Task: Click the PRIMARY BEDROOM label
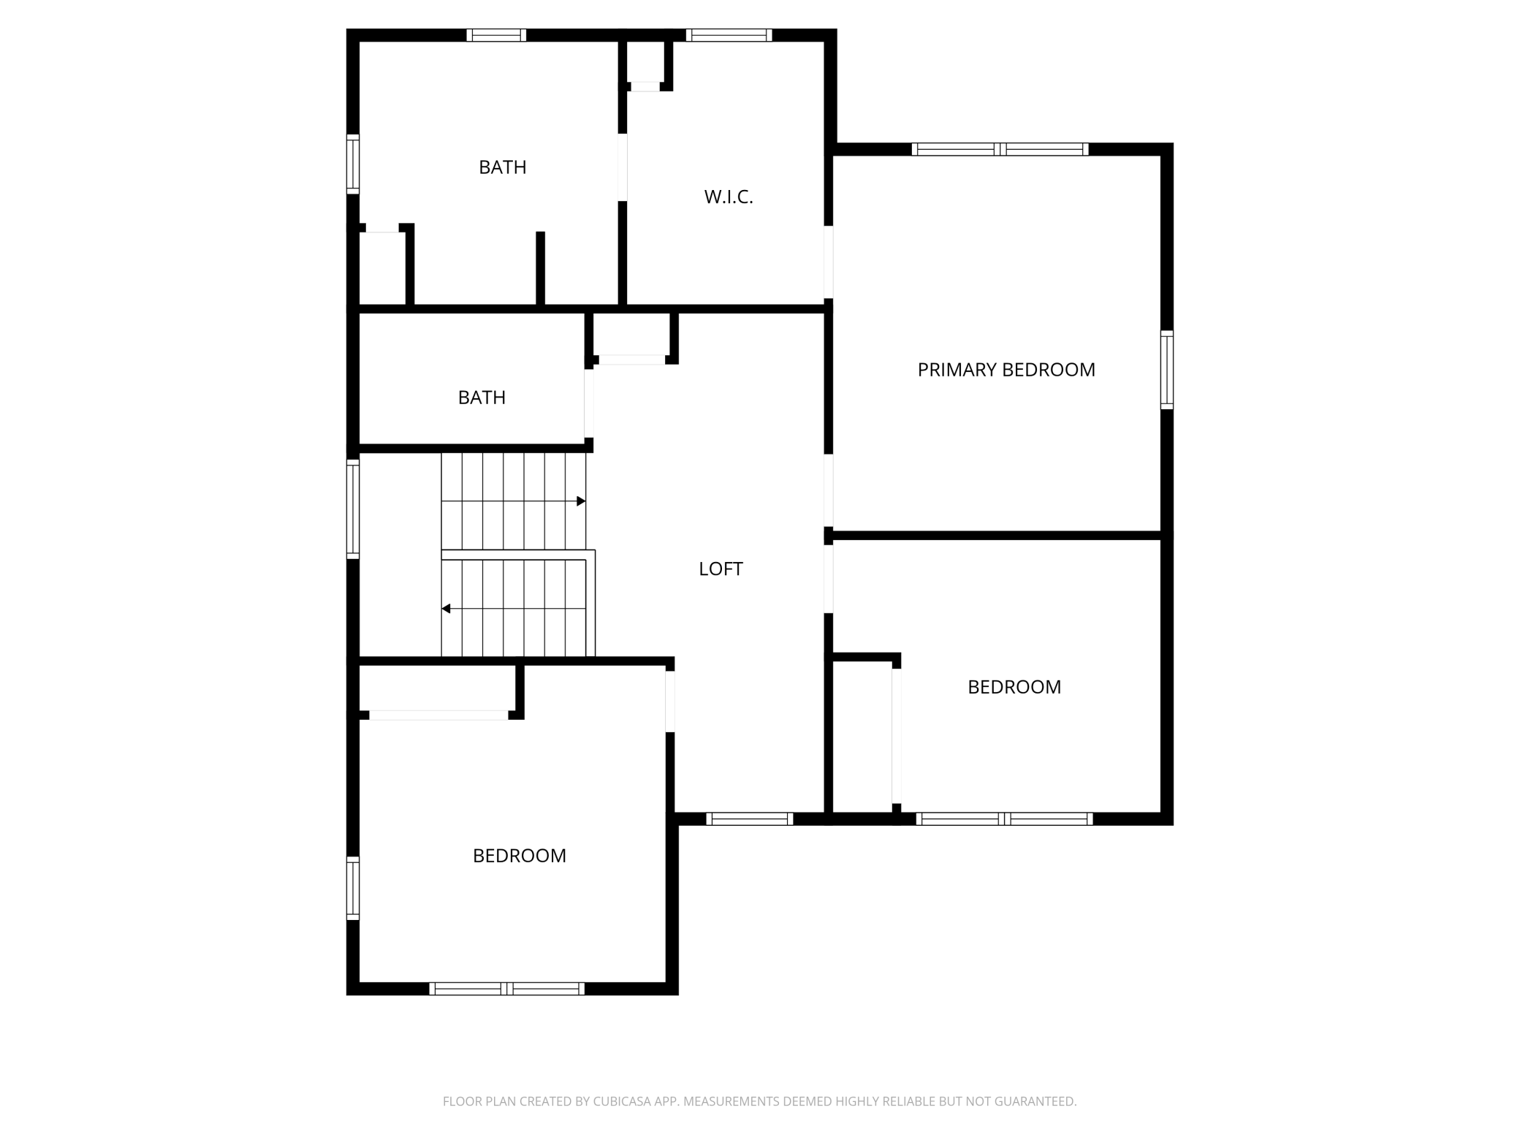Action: pyautogui.click(x=1006, y=370)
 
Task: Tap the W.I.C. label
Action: pyautogui.click(x=728, y=197)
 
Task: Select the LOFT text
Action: pyautogui.click(x=721, y=569)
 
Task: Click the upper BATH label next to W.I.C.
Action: pyautogui.click(x=502, y=167)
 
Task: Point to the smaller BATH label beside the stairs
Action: pyautogui.click(x=482, y=398)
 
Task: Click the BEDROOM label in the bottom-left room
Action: pyautogui.click(x=519, y=856)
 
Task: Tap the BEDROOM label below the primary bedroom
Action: pyautogui.click(x=1014, y=687)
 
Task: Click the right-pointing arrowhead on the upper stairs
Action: pyautogui.click(x=581, y=501)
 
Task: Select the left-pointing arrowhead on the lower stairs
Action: pyautogui.click(x=446, y=609)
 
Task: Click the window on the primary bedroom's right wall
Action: pyautogui.click(x=1167, y=370)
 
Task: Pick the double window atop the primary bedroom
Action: pyautogui.click(x=1000, y=149)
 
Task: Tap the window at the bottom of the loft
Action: pyautogui.click(x=749, y=819)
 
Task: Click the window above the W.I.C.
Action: pyautogui.click(x=729, y=35)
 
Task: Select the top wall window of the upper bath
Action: pyautogui.click(x=496, y=35)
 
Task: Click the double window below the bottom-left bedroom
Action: pyautogui.click(x=506, y=989)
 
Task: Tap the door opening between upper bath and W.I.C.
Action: pyautogui.click(x=623, y=167)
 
